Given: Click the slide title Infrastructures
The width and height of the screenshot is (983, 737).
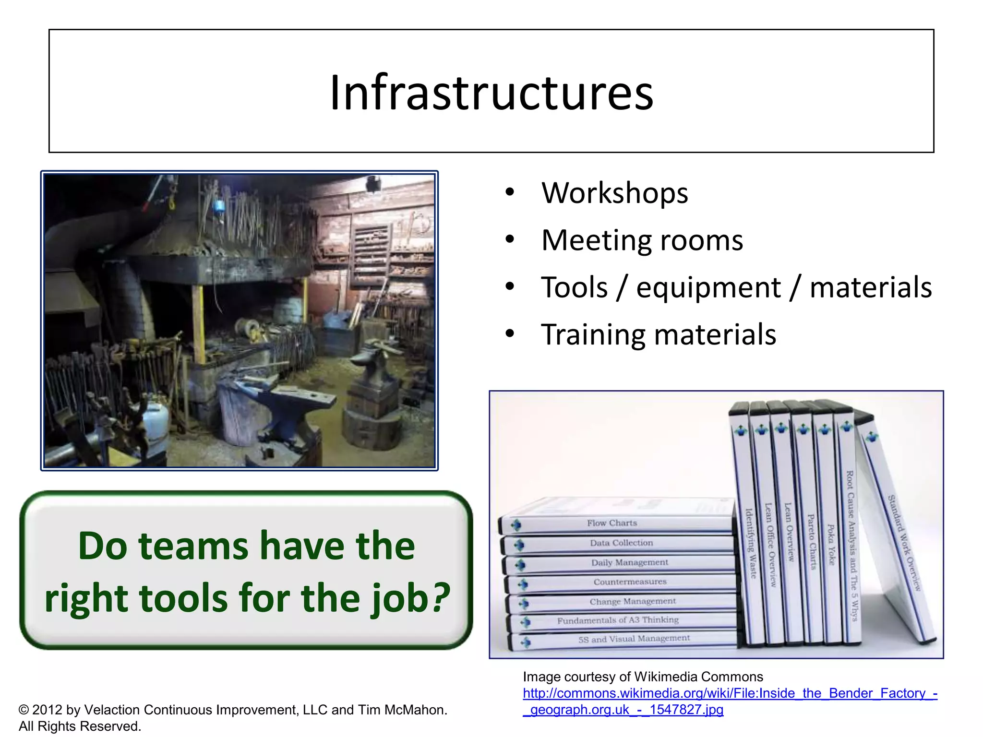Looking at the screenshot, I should (x=491, y=92).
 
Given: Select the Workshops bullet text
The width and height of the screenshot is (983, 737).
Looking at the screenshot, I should (x=614, y=193).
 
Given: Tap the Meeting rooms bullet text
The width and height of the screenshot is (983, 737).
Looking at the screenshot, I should (x=642, y=240).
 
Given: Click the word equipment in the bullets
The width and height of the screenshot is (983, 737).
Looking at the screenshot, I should (x=708, y=287).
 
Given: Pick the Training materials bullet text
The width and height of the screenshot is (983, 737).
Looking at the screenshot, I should (x=658, y=334).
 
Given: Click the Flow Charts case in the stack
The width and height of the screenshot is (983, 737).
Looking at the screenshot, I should (x=612, y=523).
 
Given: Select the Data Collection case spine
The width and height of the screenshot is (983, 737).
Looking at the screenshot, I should (x=621, y=543).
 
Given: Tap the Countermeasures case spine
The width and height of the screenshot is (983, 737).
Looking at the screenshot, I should (x=630, y=582).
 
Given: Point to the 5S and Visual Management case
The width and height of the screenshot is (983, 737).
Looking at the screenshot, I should (x=634, y=639).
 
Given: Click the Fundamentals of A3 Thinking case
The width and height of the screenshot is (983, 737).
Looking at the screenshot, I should (x=618, y=620).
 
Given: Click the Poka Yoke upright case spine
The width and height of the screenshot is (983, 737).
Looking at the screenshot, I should (x=830, y=542).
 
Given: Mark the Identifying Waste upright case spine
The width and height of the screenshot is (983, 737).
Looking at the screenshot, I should (x=750, y=542).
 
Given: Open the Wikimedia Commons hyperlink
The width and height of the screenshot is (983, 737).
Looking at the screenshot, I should (x=730, y=693).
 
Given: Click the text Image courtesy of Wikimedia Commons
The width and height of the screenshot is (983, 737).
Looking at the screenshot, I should (x=643, y=677).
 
